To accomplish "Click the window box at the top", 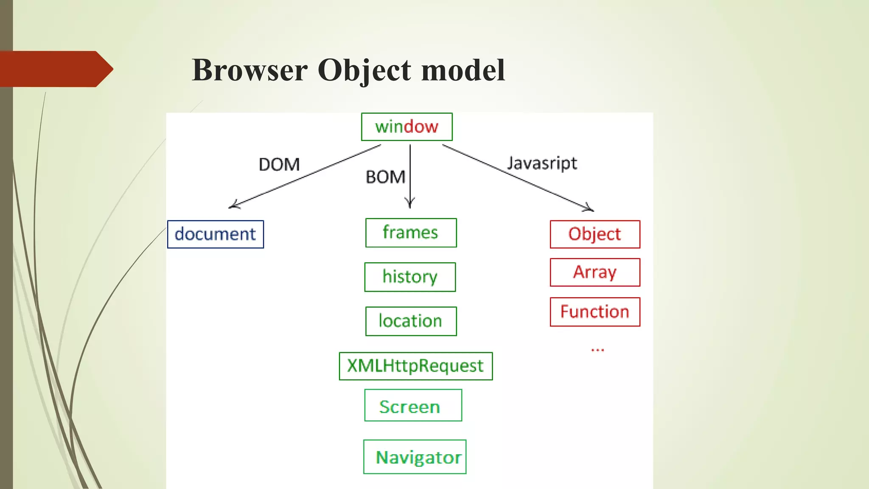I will (406, 126).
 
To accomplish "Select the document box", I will (215, 234).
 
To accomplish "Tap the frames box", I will (411, 233).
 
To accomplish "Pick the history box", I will (410, 277).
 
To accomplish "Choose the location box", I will (411, 321).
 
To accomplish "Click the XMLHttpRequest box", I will (415, 366).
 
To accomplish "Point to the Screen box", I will (413, 405).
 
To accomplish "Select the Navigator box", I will (415, 457).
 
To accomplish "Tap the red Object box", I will (595, 234).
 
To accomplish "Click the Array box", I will (595, 272).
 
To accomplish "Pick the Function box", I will (595, 312).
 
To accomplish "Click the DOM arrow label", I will (279, 164).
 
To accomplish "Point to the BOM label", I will (385, 177).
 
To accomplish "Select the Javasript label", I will (542, 163).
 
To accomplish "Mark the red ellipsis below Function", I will (597, 350).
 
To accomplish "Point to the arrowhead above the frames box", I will (410, 203).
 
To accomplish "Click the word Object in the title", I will (364, 70).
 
